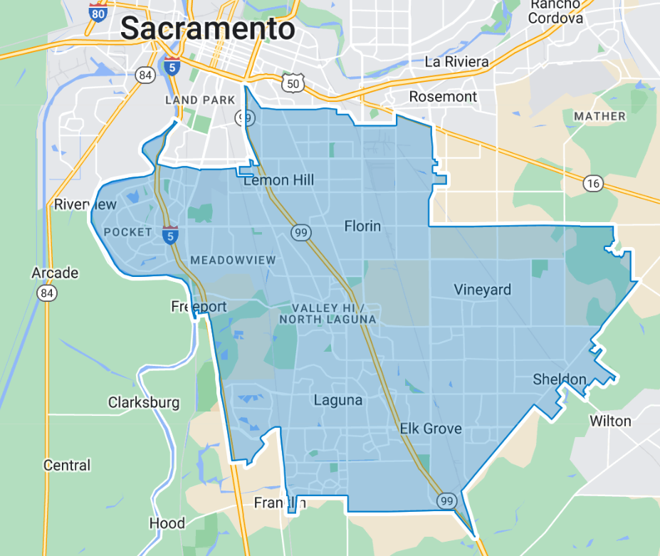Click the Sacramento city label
pos(207,29)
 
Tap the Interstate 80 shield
pos(98,12)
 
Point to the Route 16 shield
pos(592,184)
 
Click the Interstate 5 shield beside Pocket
pos(170,234)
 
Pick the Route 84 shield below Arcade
pos(47,293)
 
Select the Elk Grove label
pos(430,429)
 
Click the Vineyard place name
pos(483,290)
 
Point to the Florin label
pos(362,226)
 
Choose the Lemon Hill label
pos(278,180)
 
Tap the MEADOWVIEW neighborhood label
pos(232,260)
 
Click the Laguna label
pos(337,400)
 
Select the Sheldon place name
pos(560,379)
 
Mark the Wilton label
pos(610,421)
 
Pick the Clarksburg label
pos(144,402)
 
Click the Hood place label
pos(167,523)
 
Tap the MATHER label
pos(599,116)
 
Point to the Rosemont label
pos(443,96)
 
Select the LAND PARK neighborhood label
pos(200,100)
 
